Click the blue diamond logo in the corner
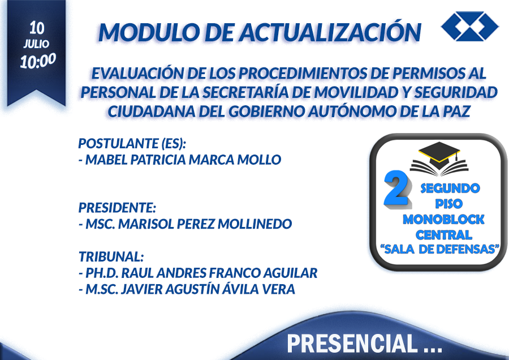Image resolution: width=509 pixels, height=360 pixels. [470, 26]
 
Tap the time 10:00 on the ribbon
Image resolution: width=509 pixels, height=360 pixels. [38, 61]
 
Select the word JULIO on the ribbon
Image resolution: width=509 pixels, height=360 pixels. [36, 44]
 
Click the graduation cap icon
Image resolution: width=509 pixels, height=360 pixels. [439, 159]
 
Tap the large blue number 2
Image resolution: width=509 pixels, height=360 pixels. [396, 188]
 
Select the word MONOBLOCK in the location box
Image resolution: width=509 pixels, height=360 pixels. [443, 219]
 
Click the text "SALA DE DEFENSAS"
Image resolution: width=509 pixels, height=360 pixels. [439, 249]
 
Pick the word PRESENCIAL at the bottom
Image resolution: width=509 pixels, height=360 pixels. [352, 343]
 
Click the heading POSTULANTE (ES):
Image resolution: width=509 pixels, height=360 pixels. [132, 143]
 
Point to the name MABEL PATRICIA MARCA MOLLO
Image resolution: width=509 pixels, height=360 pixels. [180, 160]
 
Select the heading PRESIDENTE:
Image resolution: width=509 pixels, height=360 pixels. [118, 208]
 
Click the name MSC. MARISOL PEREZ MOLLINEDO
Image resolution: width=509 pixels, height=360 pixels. [186, 224]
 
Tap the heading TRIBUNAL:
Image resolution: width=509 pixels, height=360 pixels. [111, 256]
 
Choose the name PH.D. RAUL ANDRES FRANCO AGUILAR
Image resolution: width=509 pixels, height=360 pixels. [198, 273]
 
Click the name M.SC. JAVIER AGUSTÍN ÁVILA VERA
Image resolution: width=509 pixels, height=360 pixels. [187, 289]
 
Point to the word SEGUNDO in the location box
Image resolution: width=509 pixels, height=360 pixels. [450, 188]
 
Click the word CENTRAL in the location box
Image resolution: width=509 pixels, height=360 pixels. [444, 234]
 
